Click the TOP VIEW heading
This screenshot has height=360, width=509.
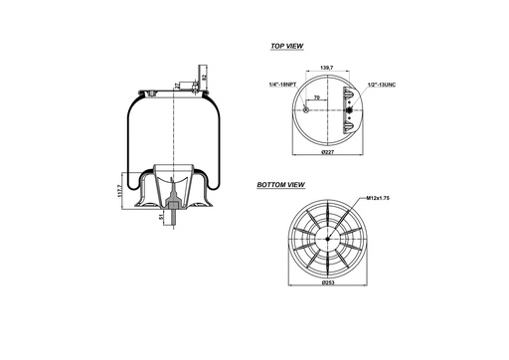click(x=287, y=47)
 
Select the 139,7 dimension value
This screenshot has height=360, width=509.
click(x=325, y=68)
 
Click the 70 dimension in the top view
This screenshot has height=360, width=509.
click(x=316, y=99)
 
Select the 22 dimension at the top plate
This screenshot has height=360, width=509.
click(x=177, y=87)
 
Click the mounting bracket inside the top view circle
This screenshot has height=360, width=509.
click(x=346, y=109)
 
